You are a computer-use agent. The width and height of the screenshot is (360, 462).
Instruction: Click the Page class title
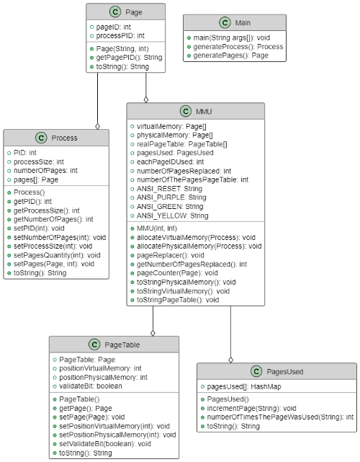(x=134, y=12)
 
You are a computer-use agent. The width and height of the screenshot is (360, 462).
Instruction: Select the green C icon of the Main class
(x=225, y=22)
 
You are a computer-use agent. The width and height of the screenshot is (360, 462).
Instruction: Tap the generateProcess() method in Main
(x=238, y=47)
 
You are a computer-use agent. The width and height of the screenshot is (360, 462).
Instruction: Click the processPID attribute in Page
(x=120, y=35)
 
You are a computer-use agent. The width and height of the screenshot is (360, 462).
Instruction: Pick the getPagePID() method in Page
(x=129, y=58)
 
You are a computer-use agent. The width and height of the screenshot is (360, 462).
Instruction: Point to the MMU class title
(x=204, y=112)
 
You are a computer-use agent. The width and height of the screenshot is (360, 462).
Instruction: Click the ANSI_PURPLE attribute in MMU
(x=171, y=197)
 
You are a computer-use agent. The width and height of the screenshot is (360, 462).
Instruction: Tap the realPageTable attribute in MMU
(x=181, y=144)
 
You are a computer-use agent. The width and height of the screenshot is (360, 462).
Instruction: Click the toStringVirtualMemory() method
(x=183, y=291)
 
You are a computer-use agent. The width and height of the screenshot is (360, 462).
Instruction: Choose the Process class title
(x=64, y=138)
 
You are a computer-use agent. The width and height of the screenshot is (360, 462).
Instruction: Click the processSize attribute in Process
(x=39, y=161)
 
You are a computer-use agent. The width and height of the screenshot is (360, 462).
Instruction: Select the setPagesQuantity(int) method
(x=57, y=255)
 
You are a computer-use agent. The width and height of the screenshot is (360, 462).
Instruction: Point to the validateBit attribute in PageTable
(x=91, y=386)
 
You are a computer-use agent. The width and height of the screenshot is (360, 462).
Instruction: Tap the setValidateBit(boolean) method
(x=105, y=444)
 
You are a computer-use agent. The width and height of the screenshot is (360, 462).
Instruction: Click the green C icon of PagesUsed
(x=256, y=371)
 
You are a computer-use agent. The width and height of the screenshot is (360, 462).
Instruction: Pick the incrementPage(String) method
(x=251, y=409)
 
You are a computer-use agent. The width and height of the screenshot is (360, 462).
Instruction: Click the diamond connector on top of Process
(x=98, y=126)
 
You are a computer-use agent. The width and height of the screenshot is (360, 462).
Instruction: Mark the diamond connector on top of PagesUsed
(x=231, y=360)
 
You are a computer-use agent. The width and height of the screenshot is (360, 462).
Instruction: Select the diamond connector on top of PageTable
(x=153, y=333)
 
